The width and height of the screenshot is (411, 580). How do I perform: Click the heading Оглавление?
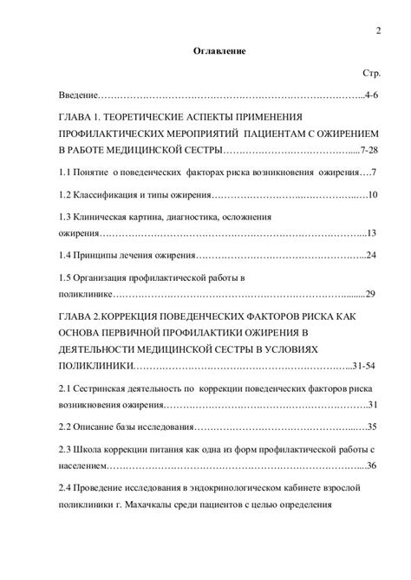[x=219, y=52]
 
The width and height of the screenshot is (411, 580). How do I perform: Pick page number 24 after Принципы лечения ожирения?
[x=370, y=256]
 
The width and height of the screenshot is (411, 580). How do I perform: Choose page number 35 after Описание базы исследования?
[x=370, y=427]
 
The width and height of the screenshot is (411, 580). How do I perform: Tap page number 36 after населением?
[x=370, y=466]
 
